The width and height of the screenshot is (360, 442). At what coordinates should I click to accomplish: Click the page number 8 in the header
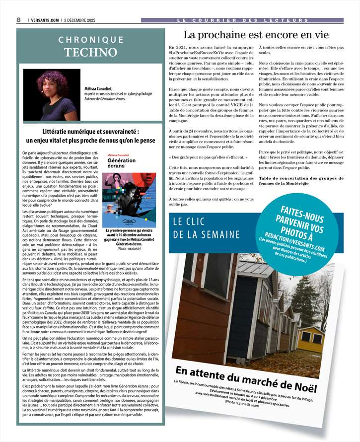point(18,19)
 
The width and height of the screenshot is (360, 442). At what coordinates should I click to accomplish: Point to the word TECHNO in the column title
point(91,52)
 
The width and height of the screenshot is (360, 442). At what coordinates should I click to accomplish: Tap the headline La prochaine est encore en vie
point(256,35)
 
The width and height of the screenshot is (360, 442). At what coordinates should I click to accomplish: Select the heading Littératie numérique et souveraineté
point(90,133)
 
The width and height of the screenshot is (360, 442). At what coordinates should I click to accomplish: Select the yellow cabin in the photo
point(325,339)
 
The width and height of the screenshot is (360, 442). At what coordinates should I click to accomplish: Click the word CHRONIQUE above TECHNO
point(91,39)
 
